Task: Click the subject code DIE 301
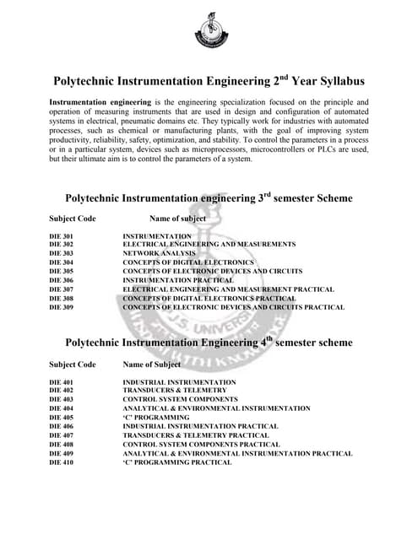[62, 236]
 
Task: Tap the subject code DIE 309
[62, 307]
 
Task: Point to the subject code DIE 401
[62, 382]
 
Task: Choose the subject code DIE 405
[62, 418]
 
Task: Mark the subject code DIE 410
[62, 462]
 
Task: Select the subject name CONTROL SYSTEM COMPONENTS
[180, 400]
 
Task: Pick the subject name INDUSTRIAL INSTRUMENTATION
[179, 382]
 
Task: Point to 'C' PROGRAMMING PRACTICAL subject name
[177, 462]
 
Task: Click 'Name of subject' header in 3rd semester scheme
[177, 219]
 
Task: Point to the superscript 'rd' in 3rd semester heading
[268, 194]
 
